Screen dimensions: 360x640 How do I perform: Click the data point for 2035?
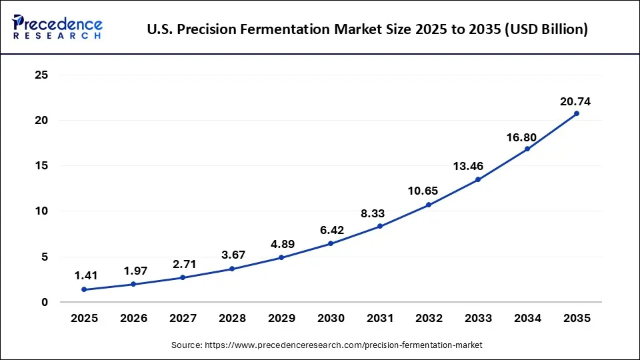[577, 113]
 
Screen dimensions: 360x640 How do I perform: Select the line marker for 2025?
[84, 289]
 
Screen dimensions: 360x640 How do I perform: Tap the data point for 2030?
[331, 243]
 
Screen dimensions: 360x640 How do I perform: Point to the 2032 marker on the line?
[429, 205]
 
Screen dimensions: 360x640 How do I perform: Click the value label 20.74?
[575, 102]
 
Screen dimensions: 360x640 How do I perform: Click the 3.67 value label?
[232, 256]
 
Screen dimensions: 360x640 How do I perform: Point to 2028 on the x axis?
[232, 319]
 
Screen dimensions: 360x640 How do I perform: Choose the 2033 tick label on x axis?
[478, 319]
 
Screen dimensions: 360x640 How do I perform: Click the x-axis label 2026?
[133, 319]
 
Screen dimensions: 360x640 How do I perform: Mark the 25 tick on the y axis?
[41, 75]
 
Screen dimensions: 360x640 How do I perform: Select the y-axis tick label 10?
[41, 211]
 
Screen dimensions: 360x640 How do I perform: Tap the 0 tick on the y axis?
[45, 302]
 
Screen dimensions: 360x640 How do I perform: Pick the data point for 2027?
[183, 277]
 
